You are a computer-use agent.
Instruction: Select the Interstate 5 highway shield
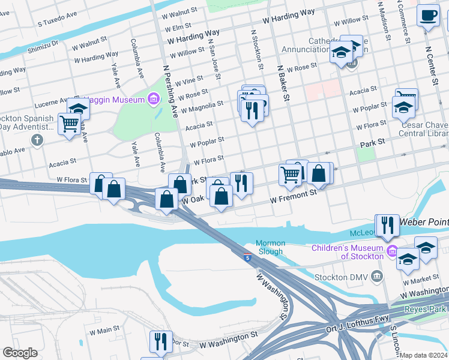[248, 257]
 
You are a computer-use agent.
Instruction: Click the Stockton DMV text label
[339, 277]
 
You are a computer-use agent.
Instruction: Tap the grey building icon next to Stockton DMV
[376, 276]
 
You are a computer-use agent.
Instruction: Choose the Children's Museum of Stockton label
[347, 253]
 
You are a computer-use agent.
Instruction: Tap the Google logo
[20, 353]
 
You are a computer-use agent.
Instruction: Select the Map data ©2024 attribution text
[423, 355]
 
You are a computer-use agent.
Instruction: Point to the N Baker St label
[282, 84]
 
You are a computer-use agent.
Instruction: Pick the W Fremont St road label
[294, 196]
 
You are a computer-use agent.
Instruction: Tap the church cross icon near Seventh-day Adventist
[37, 141]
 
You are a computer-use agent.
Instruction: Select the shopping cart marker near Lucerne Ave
[70, 124]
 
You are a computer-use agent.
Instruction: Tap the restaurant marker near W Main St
[160, 341]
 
